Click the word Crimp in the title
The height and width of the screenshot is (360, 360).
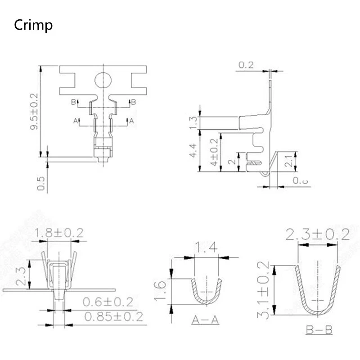click(x=33, y=25)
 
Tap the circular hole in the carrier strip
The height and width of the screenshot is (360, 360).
click(x=103, y=81)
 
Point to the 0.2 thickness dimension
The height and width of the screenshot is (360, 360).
click(x=246, y=65)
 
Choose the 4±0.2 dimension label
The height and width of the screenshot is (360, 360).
click(x=214, y=152)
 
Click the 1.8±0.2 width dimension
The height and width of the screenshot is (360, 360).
click(x=59, y=233)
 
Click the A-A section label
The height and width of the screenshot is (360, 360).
click(x=205, y=320)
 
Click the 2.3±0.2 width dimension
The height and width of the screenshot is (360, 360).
click(x=318, y=234)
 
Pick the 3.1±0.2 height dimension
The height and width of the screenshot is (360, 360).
click(x=265, y=290)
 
